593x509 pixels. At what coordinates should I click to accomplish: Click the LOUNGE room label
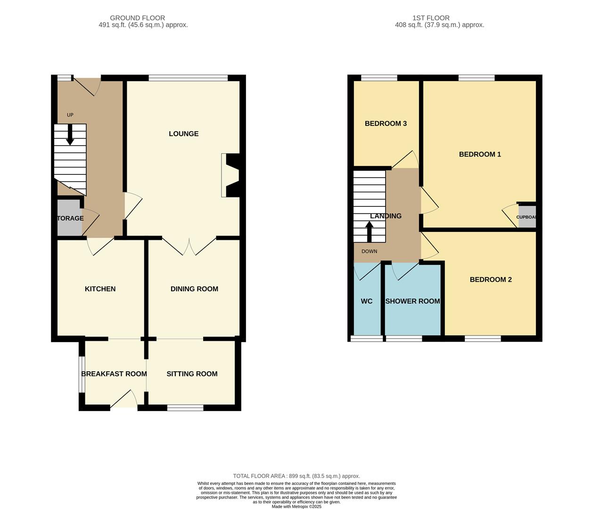click(x=183, y=134)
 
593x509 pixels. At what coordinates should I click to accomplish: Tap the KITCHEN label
click(x=100, y=289)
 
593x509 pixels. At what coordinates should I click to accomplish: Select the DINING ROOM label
click(x=194, y=289)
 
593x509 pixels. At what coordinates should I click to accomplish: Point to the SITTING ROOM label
click(x=192, y=374)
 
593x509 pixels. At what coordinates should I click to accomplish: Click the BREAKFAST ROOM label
click(x=114, y=374)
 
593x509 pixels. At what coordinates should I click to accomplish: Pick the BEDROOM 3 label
click(x=386, y=123)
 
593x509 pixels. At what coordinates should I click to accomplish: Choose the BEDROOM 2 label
click(x=490, y=279)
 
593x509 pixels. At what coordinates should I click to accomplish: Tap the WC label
click(x=366, y=301)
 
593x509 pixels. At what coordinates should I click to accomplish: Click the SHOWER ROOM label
click(x=412, y=301)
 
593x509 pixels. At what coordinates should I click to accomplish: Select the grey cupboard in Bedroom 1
click(x=527, y=217)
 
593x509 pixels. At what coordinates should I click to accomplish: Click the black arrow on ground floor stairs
click(x=70, y=134)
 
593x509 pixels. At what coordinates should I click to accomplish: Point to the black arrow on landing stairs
click(x=369, y=231)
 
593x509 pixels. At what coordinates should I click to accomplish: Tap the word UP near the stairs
click(x=70, y=115)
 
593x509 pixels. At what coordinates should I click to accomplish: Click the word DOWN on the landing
click(x=369, y=251)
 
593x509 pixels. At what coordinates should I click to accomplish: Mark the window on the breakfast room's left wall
click(x=82, y=374)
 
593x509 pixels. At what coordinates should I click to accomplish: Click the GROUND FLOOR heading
click(x=138, y=18)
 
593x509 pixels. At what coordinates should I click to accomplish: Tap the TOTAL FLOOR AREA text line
click(x=296, y=476)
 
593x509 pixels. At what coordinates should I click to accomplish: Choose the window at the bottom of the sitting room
click(x=185, y=408)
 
